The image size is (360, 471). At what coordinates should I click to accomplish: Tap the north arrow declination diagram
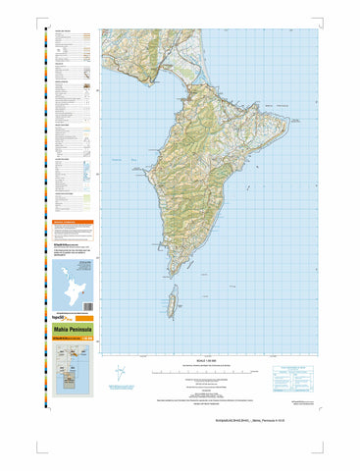tap(121, 373)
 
